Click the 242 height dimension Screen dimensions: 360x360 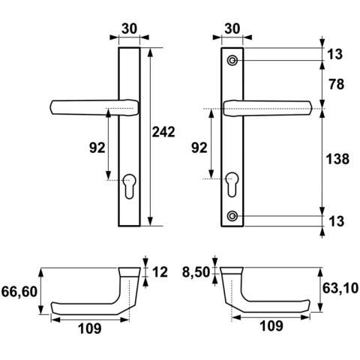pos(163,132)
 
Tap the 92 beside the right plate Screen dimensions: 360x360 pos(199,148)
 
